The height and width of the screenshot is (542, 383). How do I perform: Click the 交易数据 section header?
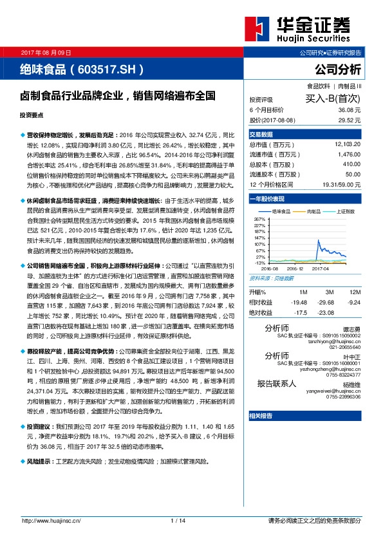[x=261, y=135]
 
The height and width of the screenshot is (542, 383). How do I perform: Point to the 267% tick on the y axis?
[x=260, y=220]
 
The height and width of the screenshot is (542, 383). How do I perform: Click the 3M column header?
[x=328, y=292]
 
